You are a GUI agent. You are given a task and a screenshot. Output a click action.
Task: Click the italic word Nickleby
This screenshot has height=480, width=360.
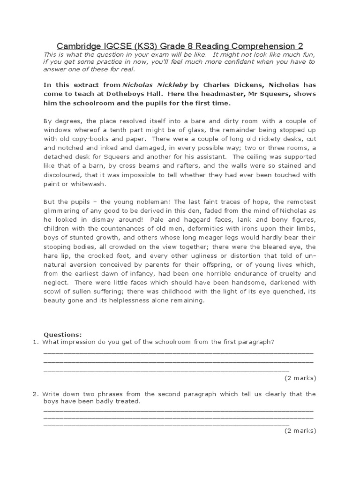point(173,85)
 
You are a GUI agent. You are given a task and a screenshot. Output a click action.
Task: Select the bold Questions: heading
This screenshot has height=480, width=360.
point(62,334)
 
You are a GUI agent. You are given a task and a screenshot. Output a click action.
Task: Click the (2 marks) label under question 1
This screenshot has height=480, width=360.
point(300,378)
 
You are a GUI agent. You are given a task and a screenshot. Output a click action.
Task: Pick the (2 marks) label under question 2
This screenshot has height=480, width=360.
point(300,431)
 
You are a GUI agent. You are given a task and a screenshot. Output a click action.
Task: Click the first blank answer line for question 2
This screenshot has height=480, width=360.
point(178,410)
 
